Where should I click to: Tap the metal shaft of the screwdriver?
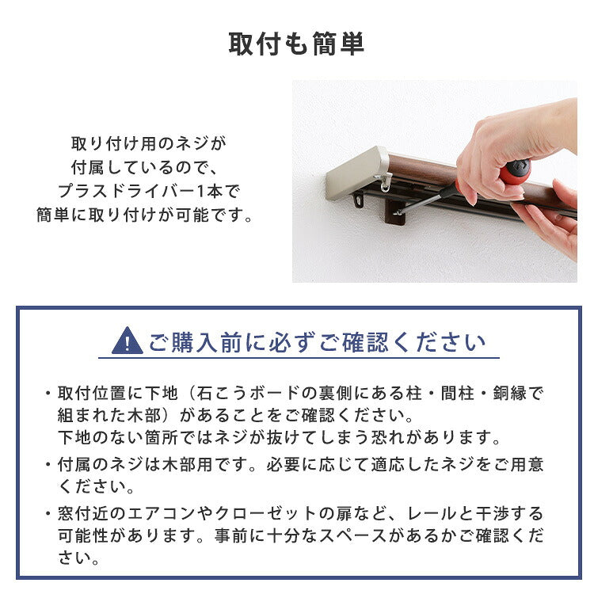(432, 200)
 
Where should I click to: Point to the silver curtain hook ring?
(386, 183)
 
